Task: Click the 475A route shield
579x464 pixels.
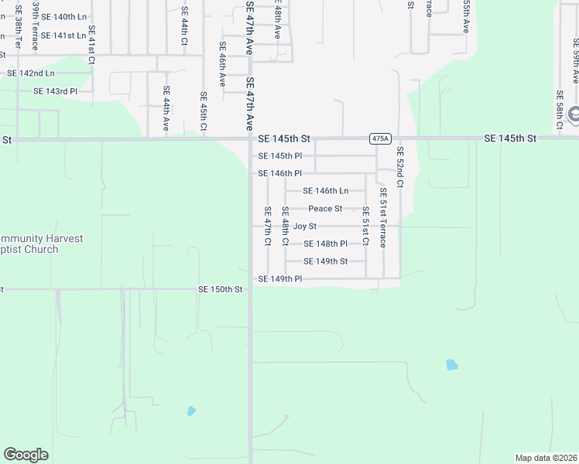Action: click(x=379, y=138)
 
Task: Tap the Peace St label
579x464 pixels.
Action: click(x=325, y=209)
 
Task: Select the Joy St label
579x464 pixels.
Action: click(x=305, y=227)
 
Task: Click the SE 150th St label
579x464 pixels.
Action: click(x=221, y=289)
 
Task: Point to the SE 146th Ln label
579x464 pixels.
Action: click(x=325, y=191)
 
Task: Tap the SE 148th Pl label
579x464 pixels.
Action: click(x=325, y=244)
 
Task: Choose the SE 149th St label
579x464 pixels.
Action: click(x=325, y=261)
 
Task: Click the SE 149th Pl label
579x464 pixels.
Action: click(x=279, y=279)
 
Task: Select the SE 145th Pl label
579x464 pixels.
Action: click(x=279, y=156)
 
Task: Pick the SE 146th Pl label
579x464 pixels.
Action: click(x=279, y=174)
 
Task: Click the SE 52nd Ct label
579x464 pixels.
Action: click(x=400, y=167)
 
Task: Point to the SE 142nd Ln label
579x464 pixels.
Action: click(x=31, y=73)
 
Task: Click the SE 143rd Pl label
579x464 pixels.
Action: click(x=56, y=91)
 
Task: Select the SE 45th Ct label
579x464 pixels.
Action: click(x=204, y=113)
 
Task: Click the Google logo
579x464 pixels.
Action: click(x=26, y=455)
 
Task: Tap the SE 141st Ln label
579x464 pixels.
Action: click(x=63, y=36)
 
